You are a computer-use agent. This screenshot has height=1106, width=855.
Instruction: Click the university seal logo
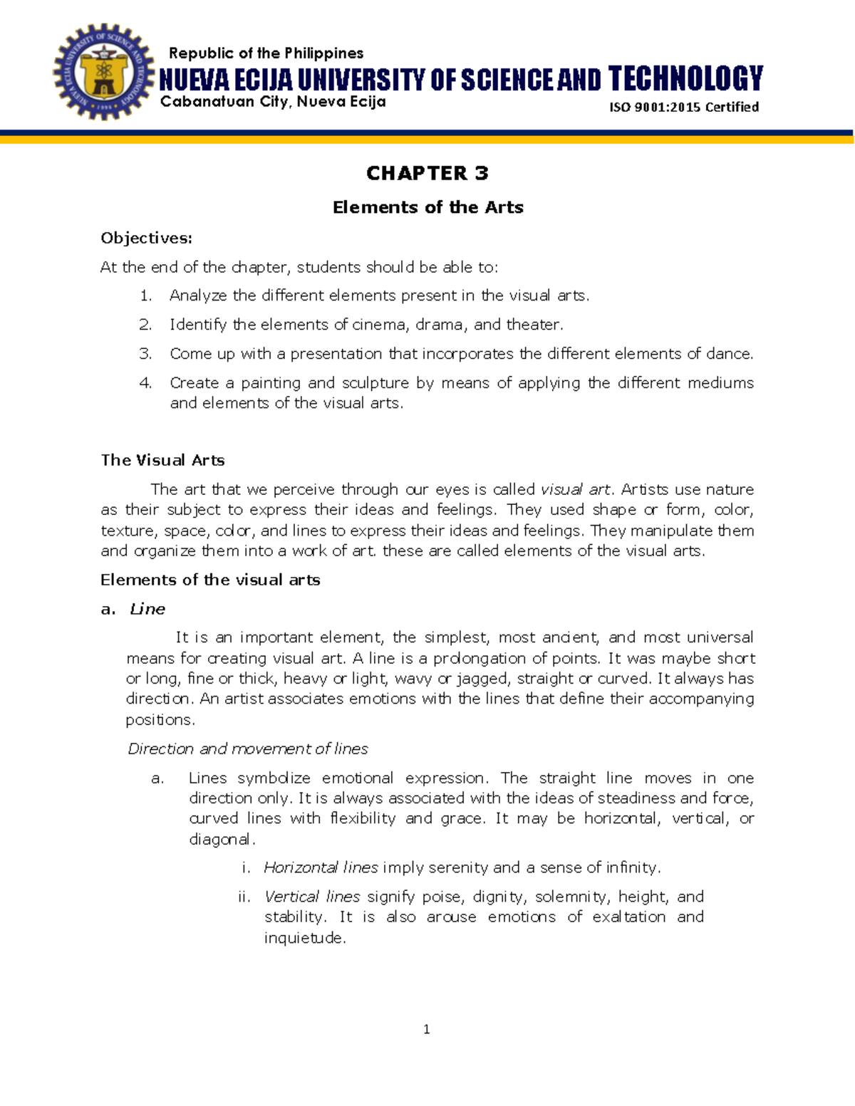(x=103, y=73)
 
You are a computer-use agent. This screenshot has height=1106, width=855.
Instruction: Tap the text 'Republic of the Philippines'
(x=266, y=53)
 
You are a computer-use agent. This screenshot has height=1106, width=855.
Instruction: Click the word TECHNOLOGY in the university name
(x=685, y=78)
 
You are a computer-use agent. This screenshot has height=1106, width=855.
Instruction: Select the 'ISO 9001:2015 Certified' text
(x=683, y=107)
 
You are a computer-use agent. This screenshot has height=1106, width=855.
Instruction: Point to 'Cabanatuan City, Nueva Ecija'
(x=273, y=102)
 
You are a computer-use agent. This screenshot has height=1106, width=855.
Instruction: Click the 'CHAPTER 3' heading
(x=427, y=173)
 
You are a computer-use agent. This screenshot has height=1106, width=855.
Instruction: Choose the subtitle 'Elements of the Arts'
(x=427, y=207)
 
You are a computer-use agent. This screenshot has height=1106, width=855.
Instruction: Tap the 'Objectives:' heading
(x=146, y=238)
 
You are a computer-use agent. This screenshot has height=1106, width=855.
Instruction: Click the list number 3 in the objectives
(x=145, y=354)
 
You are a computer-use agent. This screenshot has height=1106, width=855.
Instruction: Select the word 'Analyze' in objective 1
(x=198, y=296)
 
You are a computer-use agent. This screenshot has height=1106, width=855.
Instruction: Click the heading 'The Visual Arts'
(x=162, y=460)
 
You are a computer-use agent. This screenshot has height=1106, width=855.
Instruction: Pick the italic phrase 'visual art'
(x=575, y=489)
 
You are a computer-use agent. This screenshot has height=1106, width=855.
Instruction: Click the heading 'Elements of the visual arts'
(x=210, y=580)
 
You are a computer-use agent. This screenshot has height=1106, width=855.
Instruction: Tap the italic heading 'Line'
(x=147, y=609)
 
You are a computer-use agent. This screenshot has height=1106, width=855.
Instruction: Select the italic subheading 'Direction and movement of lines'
(x=247, y=748)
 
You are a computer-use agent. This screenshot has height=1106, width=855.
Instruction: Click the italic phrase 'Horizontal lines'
(x=321, y=867)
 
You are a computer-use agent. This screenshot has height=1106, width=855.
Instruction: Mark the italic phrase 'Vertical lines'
(x=312, y=897)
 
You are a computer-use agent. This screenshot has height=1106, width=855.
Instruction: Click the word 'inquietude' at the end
(x=304, y=938)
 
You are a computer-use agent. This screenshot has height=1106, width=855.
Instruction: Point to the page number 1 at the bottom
(x=426, y=1029)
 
